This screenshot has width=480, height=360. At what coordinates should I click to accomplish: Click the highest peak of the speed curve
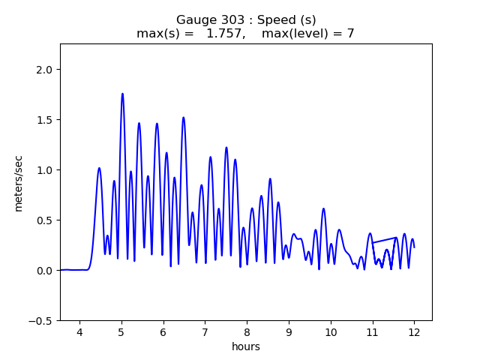[122, 94]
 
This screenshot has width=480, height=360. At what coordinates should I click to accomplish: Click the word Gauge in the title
[194, 20]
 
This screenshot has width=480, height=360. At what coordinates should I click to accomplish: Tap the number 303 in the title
[232, 20]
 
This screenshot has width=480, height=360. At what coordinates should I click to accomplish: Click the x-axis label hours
[246, 347]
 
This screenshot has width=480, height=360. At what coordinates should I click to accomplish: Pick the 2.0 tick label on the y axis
[44, 70]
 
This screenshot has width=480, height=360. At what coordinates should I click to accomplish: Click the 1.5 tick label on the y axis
[44, 120]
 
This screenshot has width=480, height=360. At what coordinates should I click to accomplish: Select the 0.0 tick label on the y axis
[44, 270]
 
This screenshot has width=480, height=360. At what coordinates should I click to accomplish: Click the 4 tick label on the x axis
[79, 333]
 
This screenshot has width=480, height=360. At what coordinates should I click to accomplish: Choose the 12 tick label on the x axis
[413, 333]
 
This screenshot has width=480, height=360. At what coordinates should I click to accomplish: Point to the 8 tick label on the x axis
[246, 333]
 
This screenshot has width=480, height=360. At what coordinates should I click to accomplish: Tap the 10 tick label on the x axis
[330, 333]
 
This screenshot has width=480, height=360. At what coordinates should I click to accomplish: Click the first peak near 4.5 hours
[99, 168]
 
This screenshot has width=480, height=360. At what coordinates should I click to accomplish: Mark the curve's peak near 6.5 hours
[183, 118]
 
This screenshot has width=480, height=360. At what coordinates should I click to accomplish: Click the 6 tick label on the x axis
[163, 333]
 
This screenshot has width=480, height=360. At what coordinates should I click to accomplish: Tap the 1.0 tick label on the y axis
[44, 170]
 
